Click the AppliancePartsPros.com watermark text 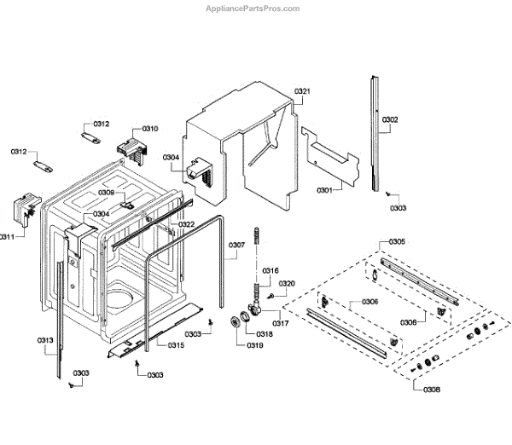click(254, 9)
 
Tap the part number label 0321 click(302, 91)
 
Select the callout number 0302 click(389, 119)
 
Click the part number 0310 click(150, 128)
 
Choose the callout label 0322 click(186, 224)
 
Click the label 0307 click(236, 246)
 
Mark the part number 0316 click(270, 270)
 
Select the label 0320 click(287, 284)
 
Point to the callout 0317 click(281, 323)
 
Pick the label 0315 click(176, 345)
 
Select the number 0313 click(45, 341)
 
